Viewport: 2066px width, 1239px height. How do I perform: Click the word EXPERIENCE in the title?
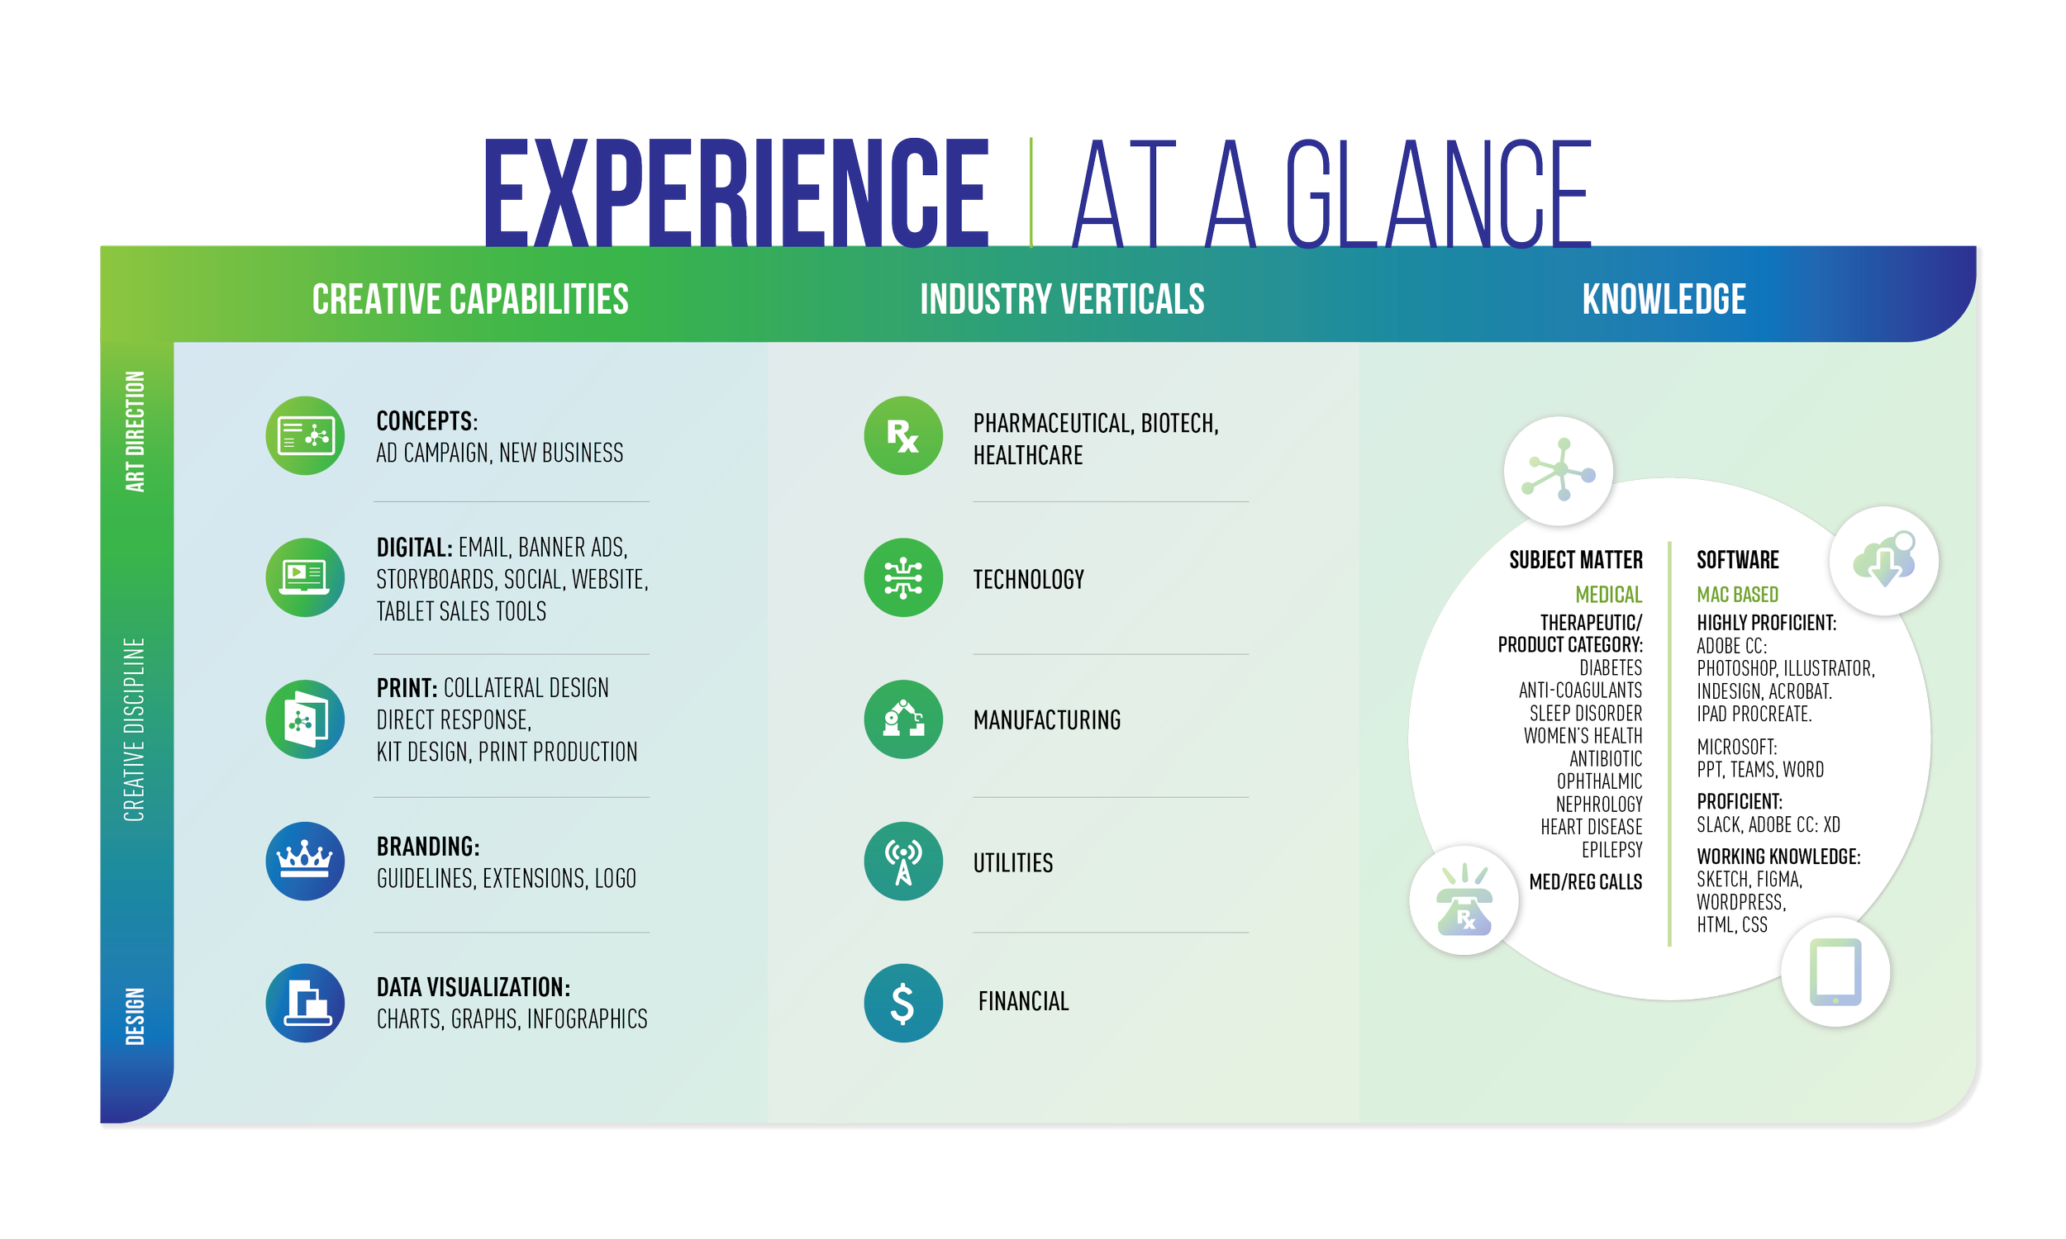click(735, 194)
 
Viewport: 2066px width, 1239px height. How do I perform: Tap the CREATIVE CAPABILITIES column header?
click(469, 299)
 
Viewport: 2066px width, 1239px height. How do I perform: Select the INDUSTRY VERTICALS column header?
click(1061, 299)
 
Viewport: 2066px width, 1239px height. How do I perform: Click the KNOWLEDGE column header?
click(1663, 299)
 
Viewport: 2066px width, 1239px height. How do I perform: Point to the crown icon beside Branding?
click(305, 860)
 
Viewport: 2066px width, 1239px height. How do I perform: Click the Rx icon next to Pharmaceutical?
click(902, 436)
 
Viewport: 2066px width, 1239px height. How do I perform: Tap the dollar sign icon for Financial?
click(902, 1003)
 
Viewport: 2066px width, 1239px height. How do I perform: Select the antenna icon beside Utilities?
click(902, 861)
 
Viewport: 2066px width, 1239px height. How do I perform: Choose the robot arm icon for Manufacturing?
click(902, 719)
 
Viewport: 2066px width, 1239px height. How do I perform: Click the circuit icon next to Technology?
click(902, 577)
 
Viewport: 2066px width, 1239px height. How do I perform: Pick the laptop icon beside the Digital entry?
click(305, 577)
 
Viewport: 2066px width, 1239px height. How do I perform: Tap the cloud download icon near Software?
click(1883, 561)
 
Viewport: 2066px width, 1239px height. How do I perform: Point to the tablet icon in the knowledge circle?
click(1835, 973)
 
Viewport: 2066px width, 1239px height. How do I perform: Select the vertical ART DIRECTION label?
click(136, 432)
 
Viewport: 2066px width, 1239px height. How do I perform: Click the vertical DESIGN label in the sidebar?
click(136, 1015)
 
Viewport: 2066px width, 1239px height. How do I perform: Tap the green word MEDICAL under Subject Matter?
click(1607, 595)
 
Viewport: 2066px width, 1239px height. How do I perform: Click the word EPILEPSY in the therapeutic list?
click(1611, 850)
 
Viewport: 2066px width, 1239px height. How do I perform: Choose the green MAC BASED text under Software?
click(1737, 595)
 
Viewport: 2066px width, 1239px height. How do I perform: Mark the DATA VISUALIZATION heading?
click(473, 987)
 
